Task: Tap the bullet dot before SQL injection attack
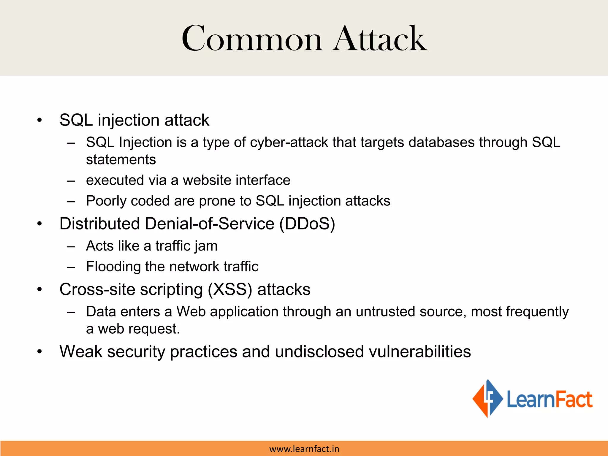tap(39, 121)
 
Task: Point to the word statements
tap(121, 160)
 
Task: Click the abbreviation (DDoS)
tap(307, 224)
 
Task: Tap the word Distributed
tap(100, 224)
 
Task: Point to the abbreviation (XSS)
tap(230, 290)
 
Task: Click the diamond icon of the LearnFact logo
tap(487, 398)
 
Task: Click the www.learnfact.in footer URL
tap(304, 449)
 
